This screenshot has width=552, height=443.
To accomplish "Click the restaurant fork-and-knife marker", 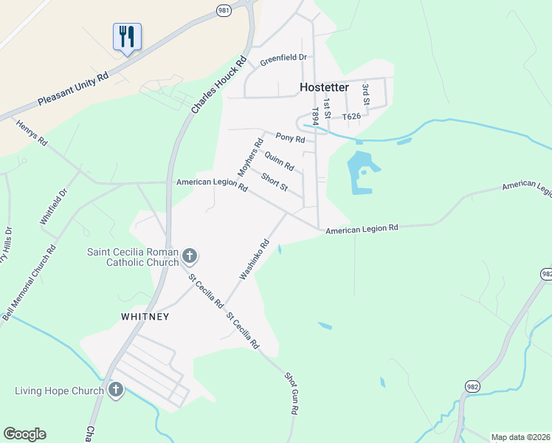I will pyautogui.click(x=127, y=37).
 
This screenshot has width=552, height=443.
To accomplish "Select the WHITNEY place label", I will pyautogui.click(x=145, y=317).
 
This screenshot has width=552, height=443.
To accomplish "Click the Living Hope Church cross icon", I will pyautogui.click(x=115, y=390).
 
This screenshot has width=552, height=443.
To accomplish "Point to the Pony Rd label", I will pyautogui.click(x=289, y=137).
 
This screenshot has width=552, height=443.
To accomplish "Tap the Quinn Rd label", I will pyautogui.click(x=279, y=160).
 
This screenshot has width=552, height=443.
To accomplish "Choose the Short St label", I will pyautogui.click(x=274, y=181).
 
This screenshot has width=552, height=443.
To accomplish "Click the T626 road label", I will pyautogui.click(x=351, y=117).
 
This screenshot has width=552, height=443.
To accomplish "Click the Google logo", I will pyautogui.click(x=24, y=434).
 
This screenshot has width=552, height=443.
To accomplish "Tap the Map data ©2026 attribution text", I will pyautogui.click(x=521, y=437).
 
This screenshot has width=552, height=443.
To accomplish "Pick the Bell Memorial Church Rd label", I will pyautogui.click(x=30, y=283).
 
